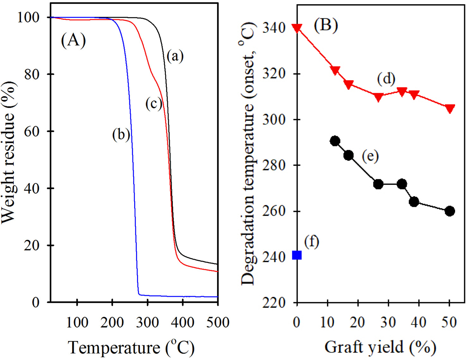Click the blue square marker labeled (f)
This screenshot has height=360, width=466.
click(297, 255)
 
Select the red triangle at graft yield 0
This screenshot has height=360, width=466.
click(297, 28)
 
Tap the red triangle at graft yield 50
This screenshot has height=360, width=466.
click(449, 109)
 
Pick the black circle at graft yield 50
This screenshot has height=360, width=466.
click(449, 211)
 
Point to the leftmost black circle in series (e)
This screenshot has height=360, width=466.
click(335, 141)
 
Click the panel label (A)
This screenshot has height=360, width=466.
click(73, 40)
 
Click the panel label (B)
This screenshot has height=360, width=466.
click(326, 25)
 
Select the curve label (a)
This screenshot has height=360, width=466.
click(175, 56)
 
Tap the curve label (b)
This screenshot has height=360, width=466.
click(121, 134)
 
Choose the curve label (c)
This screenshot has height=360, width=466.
click(154, 104)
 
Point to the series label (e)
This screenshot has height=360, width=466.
click(370, 155)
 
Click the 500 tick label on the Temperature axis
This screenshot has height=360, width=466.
click(218, 322)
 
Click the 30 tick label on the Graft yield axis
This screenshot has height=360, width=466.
click(388, 322)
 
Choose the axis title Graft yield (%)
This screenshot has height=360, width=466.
click(380, 347)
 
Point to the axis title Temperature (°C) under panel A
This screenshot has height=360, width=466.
click(131, 348)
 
